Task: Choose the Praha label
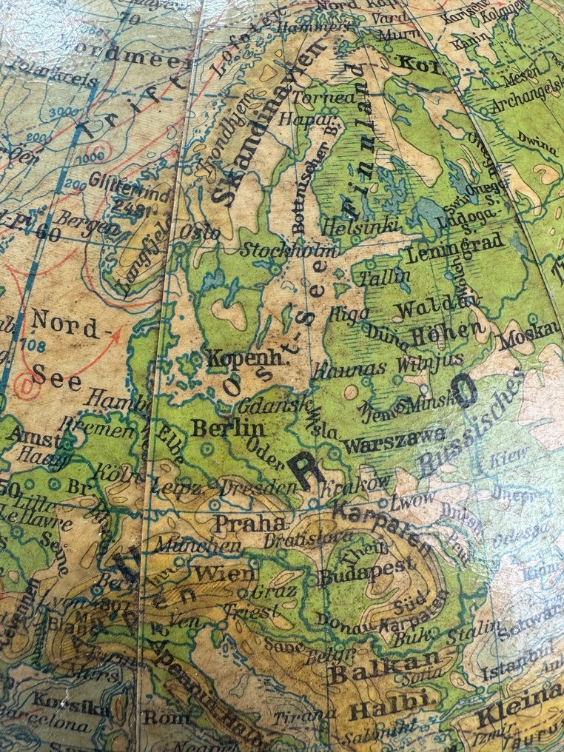pos(239,524)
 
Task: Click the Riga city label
pos(349,313)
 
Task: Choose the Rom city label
pos(157,716)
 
